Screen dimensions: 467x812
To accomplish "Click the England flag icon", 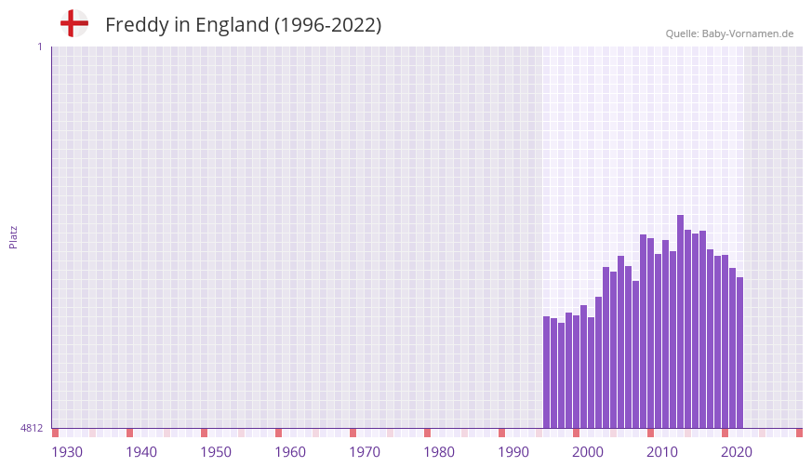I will click(73, 23).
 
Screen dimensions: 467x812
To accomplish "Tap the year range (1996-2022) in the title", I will click(327, 25).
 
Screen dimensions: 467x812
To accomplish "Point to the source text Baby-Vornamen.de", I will click(748, 33).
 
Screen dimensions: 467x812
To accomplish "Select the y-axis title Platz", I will click(13, 236).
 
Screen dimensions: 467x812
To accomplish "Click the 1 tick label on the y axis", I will click(39, 47).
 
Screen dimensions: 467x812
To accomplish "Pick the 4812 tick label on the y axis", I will click(32, 428).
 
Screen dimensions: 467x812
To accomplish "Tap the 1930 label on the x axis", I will click(67, 452).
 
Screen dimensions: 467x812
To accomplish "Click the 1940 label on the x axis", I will click(141, 452).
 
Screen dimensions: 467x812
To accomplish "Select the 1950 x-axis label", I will click(216, 452).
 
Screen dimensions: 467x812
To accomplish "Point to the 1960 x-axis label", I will click(290, 452).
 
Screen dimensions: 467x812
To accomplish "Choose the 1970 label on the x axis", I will click(365, 452).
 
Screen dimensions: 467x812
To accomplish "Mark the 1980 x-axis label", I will click(439, 452).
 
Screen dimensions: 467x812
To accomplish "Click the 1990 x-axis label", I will click(513, 452).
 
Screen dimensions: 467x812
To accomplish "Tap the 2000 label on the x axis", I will click(588, 452).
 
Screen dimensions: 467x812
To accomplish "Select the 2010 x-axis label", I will click(662, 452).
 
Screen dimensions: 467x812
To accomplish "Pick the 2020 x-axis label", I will click(737, 452).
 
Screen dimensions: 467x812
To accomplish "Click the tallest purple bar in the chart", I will click(680, 321).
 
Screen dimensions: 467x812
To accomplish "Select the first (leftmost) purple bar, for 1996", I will click(547, 372).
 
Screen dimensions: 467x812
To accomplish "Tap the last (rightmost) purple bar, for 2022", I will click(739, 353).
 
